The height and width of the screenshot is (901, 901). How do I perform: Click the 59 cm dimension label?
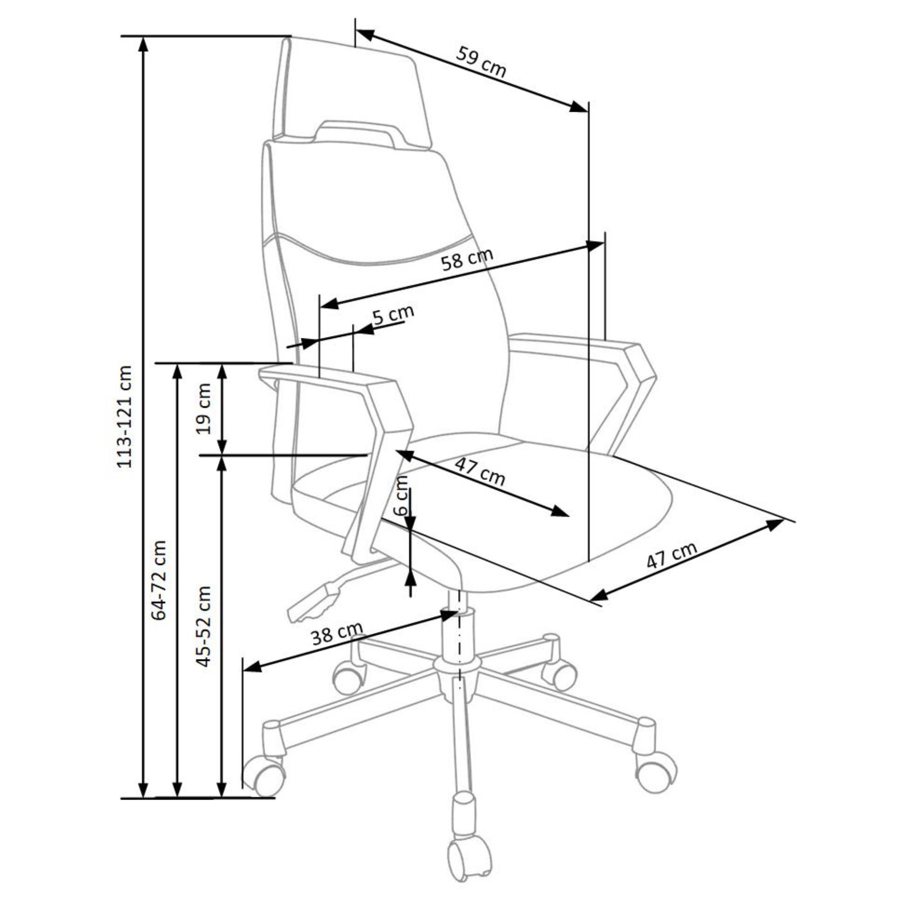[481, 61]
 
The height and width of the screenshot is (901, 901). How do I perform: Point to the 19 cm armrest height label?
[203, 409]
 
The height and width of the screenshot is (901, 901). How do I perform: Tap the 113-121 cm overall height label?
[124, 416]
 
